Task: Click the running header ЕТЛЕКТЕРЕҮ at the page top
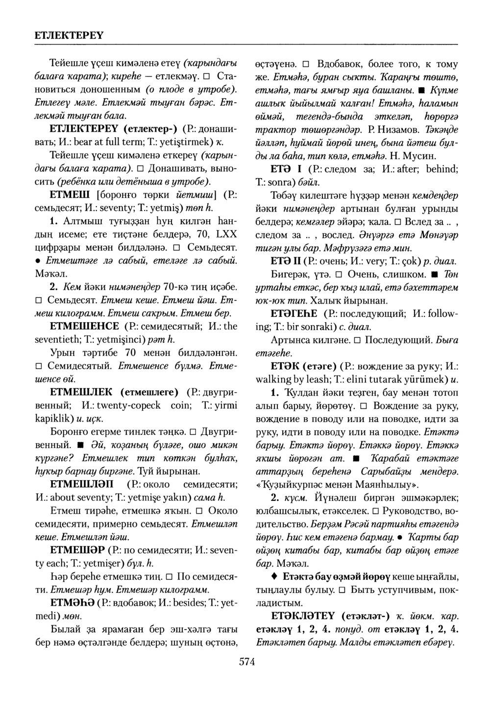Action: click(x=69, y=36)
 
